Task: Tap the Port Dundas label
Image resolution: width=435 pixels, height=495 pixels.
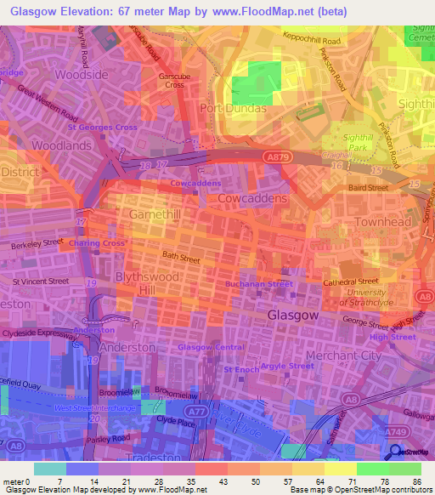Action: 233,109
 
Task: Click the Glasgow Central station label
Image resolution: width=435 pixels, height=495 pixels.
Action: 210,347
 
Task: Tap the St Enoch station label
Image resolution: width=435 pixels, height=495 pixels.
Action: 241,370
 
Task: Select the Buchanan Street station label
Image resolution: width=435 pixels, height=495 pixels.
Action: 258,283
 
